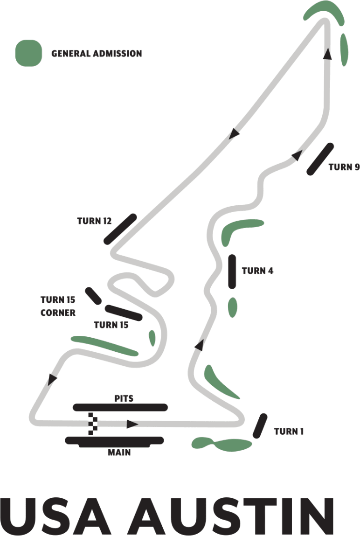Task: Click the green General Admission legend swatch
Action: click(x=28, y=53)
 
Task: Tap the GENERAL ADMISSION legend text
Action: click(x=97, y=54)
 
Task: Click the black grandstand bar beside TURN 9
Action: click(x=320, y=159)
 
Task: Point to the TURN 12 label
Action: click(x=94, y=221)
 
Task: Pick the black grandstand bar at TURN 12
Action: click(x=120, y=229)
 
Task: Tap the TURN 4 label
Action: click(x=257, y=271)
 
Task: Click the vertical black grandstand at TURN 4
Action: click(x=232, y=271)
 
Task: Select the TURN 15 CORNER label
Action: click(x=58, y=306)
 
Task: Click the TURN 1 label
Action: click(x=289, y=432)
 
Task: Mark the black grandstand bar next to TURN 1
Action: click(x=260, y=426)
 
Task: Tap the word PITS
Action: click(x=124, y=399)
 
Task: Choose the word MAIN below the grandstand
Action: click(x=119, y=452)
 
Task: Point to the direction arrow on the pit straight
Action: click(x=132, y=424)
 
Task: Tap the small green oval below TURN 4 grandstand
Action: click(x=232, y=307)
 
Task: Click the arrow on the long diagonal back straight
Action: click(x=234, y=133)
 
